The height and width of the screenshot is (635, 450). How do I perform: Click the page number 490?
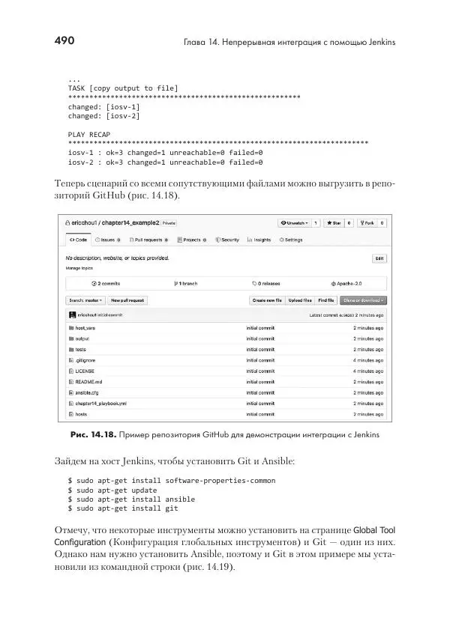point(64,41)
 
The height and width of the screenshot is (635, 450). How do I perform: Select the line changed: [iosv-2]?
point(103,116)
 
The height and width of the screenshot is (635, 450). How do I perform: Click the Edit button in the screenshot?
point(380,258)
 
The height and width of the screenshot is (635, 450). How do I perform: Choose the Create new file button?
point(267,300)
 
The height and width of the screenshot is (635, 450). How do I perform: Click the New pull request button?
point(127,300)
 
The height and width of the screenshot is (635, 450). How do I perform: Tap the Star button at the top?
point(332,222)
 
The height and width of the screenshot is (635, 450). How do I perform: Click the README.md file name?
point(88,381)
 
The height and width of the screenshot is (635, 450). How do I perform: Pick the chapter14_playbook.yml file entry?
point(100,403)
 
